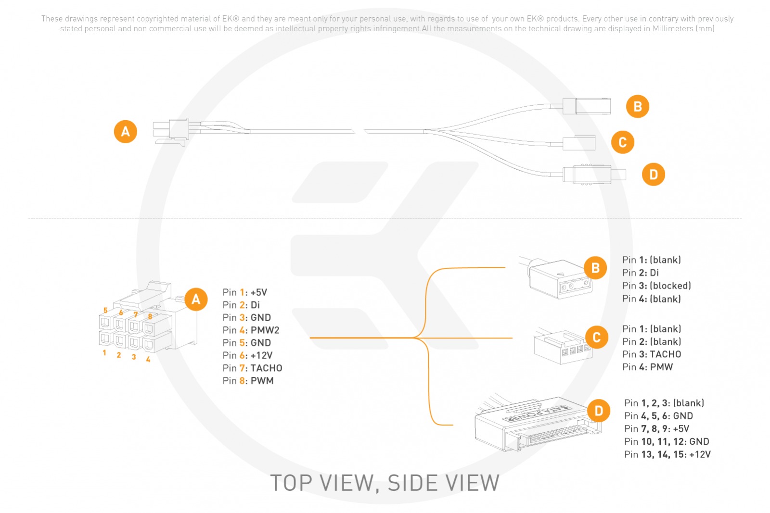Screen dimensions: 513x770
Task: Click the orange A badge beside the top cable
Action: click(x=126, y=131)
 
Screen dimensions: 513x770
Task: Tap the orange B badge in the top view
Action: click(x=638, y=106)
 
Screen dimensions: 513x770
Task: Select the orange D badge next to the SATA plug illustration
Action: click(x=599, y=411)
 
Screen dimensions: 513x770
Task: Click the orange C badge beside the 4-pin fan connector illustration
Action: click(x=597, y=337)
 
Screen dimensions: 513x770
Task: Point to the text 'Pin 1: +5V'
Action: click(x=244, y=292)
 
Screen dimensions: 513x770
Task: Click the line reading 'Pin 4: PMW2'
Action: click(x=251, y=330)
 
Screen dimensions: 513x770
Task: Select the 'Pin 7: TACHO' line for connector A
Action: click(x=252, y=368)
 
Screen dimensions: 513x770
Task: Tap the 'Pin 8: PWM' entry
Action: click(x=248, y=381)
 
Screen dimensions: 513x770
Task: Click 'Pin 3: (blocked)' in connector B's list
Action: click(x=656, y=286)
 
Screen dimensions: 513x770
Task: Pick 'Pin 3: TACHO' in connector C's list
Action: click(x=652, y=354)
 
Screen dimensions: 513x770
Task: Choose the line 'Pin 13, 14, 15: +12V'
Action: click(x=667, y=454)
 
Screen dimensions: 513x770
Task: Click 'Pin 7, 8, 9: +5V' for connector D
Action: click(x=656, y=429)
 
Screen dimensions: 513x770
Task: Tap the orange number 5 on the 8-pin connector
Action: click(x=105, y=311)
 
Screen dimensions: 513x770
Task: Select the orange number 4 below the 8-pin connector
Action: click(x=148, y=359)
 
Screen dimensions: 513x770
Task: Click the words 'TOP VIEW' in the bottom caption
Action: click(x=322, y=483)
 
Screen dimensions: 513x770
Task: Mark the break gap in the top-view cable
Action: click(x=359, y=131)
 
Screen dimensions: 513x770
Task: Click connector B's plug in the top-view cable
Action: click(x=587, y=106)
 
